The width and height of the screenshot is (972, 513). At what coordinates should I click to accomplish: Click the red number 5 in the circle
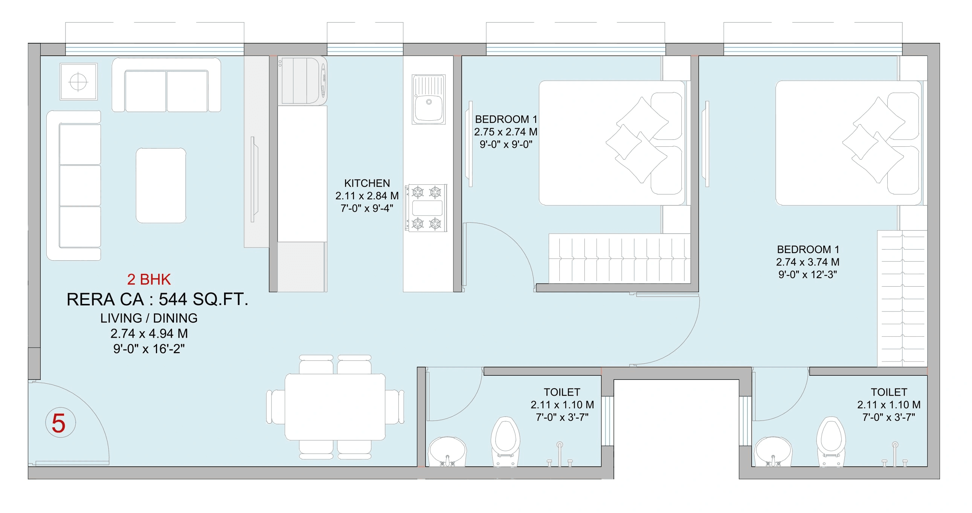point(59,423)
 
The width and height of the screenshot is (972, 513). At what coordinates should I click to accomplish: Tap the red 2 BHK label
point(149,280)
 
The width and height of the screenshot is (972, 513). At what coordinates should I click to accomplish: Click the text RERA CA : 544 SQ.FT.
point(157,300)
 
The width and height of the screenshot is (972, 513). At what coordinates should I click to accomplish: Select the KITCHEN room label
point(367,183)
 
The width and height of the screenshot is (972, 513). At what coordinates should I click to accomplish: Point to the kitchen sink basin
point(429,107)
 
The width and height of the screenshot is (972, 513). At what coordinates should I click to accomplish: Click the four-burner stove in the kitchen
point(426,208)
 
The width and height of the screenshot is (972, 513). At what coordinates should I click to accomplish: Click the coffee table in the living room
point(161,185)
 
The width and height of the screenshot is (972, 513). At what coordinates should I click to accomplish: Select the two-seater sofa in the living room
point(166,86)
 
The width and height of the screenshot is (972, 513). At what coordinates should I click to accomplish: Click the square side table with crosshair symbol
point(78,82)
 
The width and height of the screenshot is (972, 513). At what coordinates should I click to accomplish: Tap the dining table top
point(335,407)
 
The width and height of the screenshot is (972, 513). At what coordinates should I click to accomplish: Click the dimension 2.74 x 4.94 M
point(149,334)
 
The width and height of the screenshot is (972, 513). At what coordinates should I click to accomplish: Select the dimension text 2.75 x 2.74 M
point(506,132)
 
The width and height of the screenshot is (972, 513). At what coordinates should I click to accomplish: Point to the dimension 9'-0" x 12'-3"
point(807,275)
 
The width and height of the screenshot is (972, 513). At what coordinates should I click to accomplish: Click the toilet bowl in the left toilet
point(505,441)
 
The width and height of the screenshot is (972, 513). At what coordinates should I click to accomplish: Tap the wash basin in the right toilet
point(772,451)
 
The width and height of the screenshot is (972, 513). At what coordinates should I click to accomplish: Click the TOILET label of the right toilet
point(889,392)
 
